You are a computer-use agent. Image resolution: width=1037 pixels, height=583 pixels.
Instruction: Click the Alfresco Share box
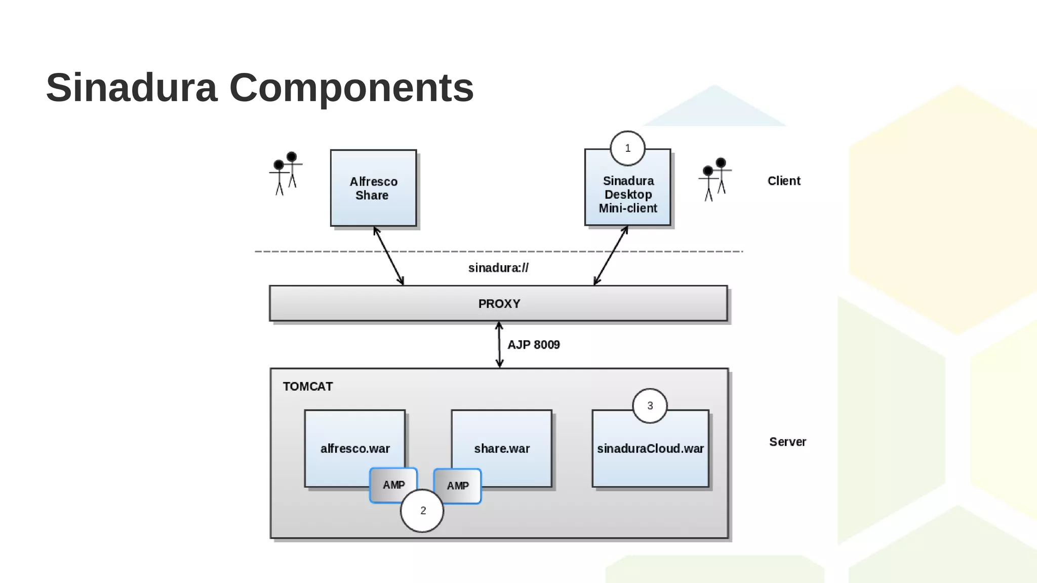(x=373, y=188)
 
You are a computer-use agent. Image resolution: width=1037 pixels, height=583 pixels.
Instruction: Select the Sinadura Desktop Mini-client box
(x=627, y=194)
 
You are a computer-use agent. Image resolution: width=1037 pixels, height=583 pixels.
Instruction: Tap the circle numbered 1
(x=627, y=148)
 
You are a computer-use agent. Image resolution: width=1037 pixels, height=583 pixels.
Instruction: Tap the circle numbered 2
(x=422, y=511)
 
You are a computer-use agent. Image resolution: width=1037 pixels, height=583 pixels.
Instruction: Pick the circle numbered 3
(x=650, y=406)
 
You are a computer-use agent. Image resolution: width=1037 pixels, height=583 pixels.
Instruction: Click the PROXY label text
(x=499, y=304)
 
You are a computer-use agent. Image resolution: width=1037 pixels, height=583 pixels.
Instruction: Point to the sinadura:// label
(x=498, y=268)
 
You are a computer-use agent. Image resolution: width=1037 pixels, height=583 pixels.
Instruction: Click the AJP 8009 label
(x=533, y=345)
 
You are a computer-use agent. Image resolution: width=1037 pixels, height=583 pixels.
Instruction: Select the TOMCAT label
(x=307, y=387)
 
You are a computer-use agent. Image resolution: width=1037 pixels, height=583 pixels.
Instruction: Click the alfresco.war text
(x=355, y=448)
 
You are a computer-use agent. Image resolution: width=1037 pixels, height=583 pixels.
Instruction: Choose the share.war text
(x=502, y=448)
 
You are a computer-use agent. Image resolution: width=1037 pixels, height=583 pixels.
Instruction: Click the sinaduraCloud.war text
(x=650, y=448)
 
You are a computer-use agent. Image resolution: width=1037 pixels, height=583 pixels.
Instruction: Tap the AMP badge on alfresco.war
(x=393, y=484)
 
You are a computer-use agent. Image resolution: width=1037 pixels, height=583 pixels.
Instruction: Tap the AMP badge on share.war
(x=458, y=486)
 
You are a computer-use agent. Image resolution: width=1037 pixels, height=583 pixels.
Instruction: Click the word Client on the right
(x=783, y=181)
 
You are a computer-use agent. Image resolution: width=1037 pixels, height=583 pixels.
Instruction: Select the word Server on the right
(x=787, y=442)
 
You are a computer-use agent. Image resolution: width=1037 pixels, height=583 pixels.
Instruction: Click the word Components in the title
(x=351, y=88)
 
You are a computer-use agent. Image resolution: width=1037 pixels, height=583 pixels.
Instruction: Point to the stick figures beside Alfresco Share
(x=285, y=173)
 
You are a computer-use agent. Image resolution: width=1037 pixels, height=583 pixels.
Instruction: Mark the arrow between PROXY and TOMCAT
(x=499, y=345)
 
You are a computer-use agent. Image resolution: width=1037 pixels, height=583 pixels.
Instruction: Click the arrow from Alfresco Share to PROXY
(x=388, y=256)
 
